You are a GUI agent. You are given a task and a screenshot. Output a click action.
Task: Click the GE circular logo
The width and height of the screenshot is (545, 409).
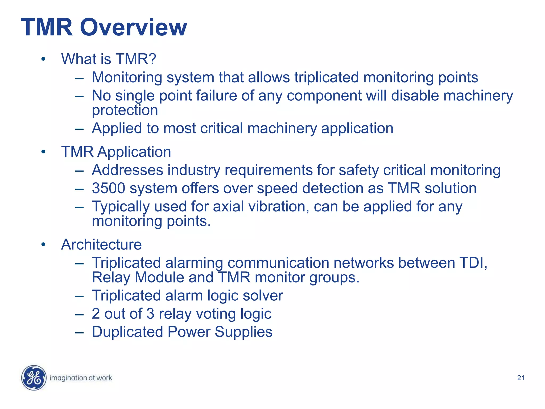point(34,378)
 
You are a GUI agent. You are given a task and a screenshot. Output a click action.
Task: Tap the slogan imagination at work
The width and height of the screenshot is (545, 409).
point(81,378)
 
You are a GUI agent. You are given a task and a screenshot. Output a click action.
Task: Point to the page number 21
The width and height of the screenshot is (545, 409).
point(521,378)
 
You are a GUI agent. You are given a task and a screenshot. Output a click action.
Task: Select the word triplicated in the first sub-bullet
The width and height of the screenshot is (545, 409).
point(326,77)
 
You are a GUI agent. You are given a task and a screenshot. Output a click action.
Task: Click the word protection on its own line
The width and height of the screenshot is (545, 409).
point(125,110)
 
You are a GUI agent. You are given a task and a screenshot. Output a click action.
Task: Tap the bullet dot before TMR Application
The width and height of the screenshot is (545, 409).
point(43,152)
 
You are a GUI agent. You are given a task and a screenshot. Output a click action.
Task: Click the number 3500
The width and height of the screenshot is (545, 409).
point(108,188)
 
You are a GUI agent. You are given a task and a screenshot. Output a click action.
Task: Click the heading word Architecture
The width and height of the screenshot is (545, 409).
point(101,244)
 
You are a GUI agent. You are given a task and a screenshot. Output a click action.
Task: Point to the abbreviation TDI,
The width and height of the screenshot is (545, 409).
point(473,263)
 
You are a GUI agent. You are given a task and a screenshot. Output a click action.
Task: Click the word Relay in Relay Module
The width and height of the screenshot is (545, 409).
point(111,277)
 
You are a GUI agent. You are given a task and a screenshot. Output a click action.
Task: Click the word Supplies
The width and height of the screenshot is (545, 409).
point(243,332)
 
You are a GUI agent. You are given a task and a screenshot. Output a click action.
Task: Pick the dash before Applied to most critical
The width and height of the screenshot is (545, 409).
point(79,129)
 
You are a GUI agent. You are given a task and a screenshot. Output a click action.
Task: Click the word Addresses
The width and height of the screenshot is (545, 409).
point(127,170)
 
